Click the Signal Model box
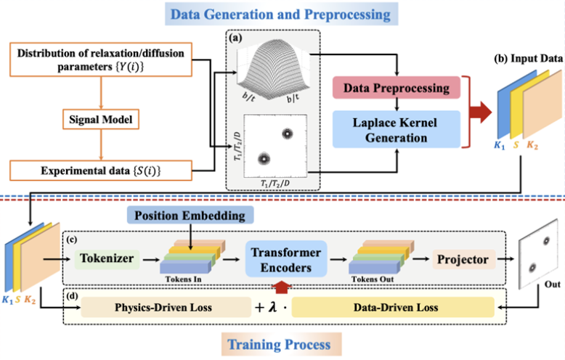101,119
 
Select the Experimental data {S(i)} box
101,171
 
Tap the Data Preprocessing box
397,88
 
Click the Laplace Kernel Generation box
397,130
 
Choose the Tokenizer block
107,259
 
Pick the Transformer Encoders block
286,259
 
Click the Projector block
464,259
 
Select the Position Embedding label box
190,215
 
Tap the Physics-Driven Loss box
166,308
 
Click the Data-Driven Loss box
393,308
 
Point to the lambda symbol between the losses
273,307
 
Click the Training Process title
280,344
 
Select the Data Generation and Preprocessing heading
282,14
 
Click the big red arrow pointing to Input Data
481,112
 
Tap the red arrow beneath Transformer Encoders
281,287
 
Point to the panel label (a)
235,38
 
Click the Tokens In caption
184,279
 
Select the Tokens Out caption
373,279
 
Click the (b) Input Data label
528,59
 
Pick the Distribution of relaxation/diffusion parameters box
101,60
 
